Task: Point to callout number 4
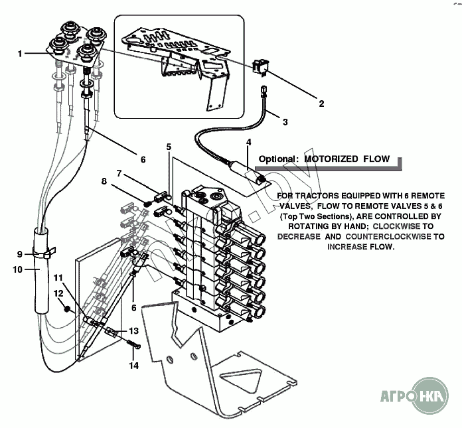(x=248, y=142)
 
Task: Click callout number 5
(x=169, y=146)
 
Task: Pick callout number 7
(x=119, y=173)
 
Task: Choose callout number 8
(x=104, y=180)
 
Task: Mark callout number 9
(x=19, y=253)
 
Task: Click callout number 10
(x=18, y=269)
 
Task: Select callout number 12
(x=58, y=293)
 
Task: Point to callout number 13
(x=134, y=330)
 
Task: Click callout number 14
(x=133, y=366)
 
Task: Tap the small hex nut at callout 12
(x=67, y=309)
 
